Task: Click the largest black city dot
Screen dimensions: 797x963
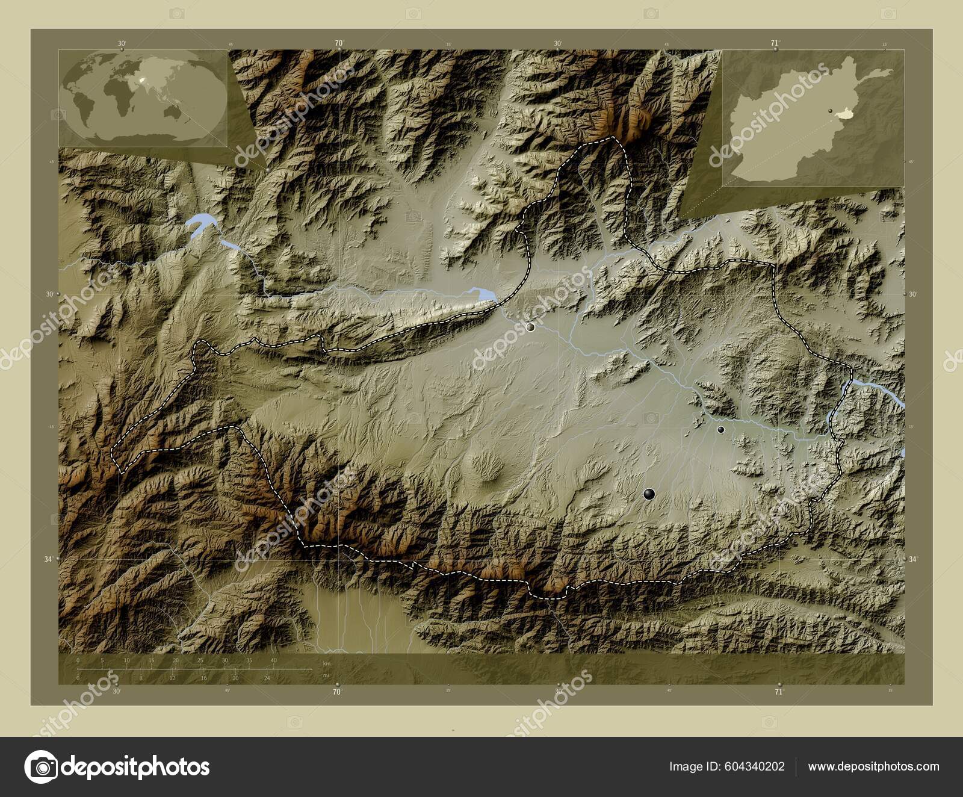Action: [x=649, y=494]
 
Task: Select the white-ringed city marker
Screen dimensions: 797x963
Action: [x=530, y=327]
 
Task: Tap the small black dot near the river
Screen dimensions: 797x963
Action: [x=720, y=429]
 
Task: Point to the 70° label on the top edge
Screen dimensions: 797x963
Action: [x=339, y=43]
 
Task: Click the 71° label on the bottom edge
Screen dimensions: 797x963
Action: [x=779, y=692]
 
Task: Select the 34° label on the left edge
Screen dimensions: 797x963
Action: [x=48, y=559]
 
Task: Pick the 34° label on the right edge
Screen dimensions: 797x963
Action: [x=913, y=559]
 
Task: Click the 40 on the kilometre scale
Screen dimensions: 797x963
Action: [x=273, y=660]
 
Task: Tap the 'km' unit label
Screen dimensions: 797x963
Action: [x=327, y=663]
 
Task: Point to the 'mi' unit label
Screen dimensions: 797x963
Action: [x=326, y=675]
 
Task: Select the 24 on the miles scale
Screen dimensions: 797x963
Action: [x=267, y=678]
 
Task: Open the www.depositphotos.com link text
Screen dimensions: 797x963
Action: [x=873, y=766]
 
